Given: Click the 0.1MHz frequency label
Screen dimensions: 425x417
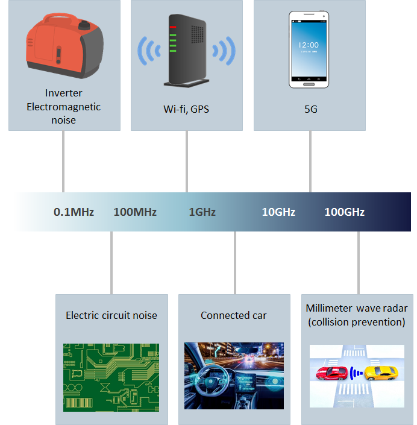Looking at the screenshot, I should (x=74, y=212).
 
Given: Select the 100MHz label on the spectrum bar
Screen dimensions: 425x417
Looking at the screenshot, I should (x=135, y=212).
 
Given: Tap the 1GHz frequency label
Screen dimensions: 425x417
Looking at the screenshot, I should (x=202, y=212).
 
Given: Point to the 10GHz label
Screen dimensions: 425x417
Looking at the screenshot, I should (x=278, y=212).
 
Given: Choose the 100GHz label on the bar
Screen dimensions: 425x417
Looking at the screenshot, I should (x=344, y=212).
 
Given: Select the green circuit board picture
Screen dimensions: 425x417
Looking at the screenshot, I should (x=111, y=377).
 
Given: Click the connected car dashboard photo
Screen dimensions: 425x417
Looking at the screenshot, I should (x=234, y=376).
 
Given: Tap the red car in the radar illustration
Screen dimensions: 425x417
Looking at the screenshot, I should (x=331, y=373).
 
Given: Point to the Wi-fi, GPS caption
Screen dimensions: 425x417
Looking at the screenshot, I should (x=186, y=110).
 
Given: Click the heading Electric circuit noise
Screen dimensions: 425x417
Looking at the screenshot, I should (x=111, y=315).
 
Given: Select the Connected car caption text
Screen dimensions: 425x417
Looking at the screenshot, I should (x=234, y=315).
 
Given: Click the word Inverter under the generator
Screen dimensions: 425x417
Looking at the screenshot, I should (x=63, y=93).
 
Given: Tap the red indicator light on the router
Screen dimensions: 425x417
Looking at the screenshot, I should (x=173, y=28).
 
